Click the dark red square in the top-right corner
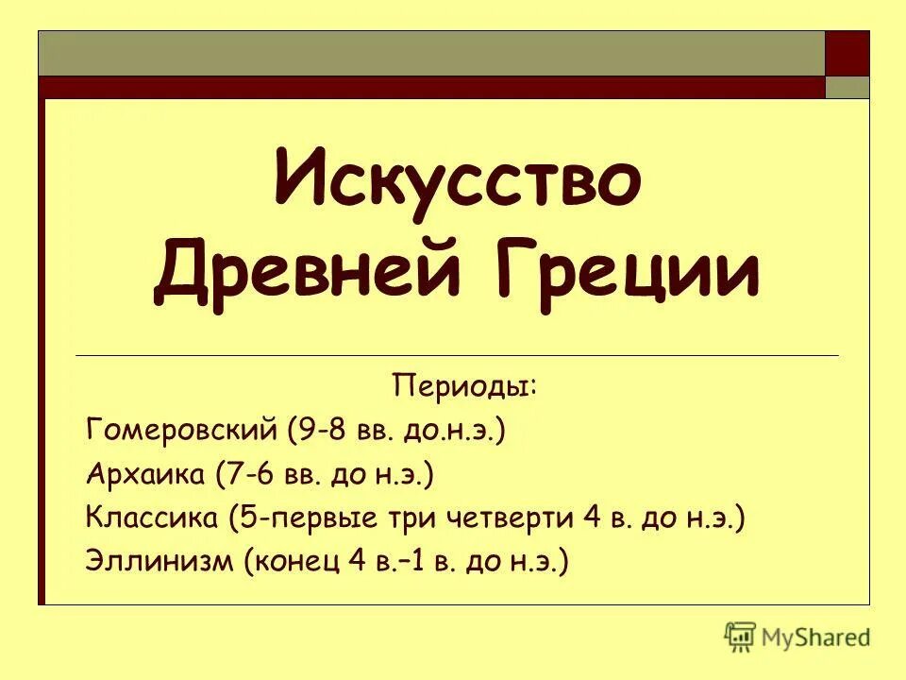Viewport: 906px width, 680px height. (847, 53)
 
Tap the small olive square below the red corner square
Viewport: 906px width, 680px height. (847, 87)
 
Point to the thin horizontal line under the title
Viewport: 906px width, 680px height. (457, 355)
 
